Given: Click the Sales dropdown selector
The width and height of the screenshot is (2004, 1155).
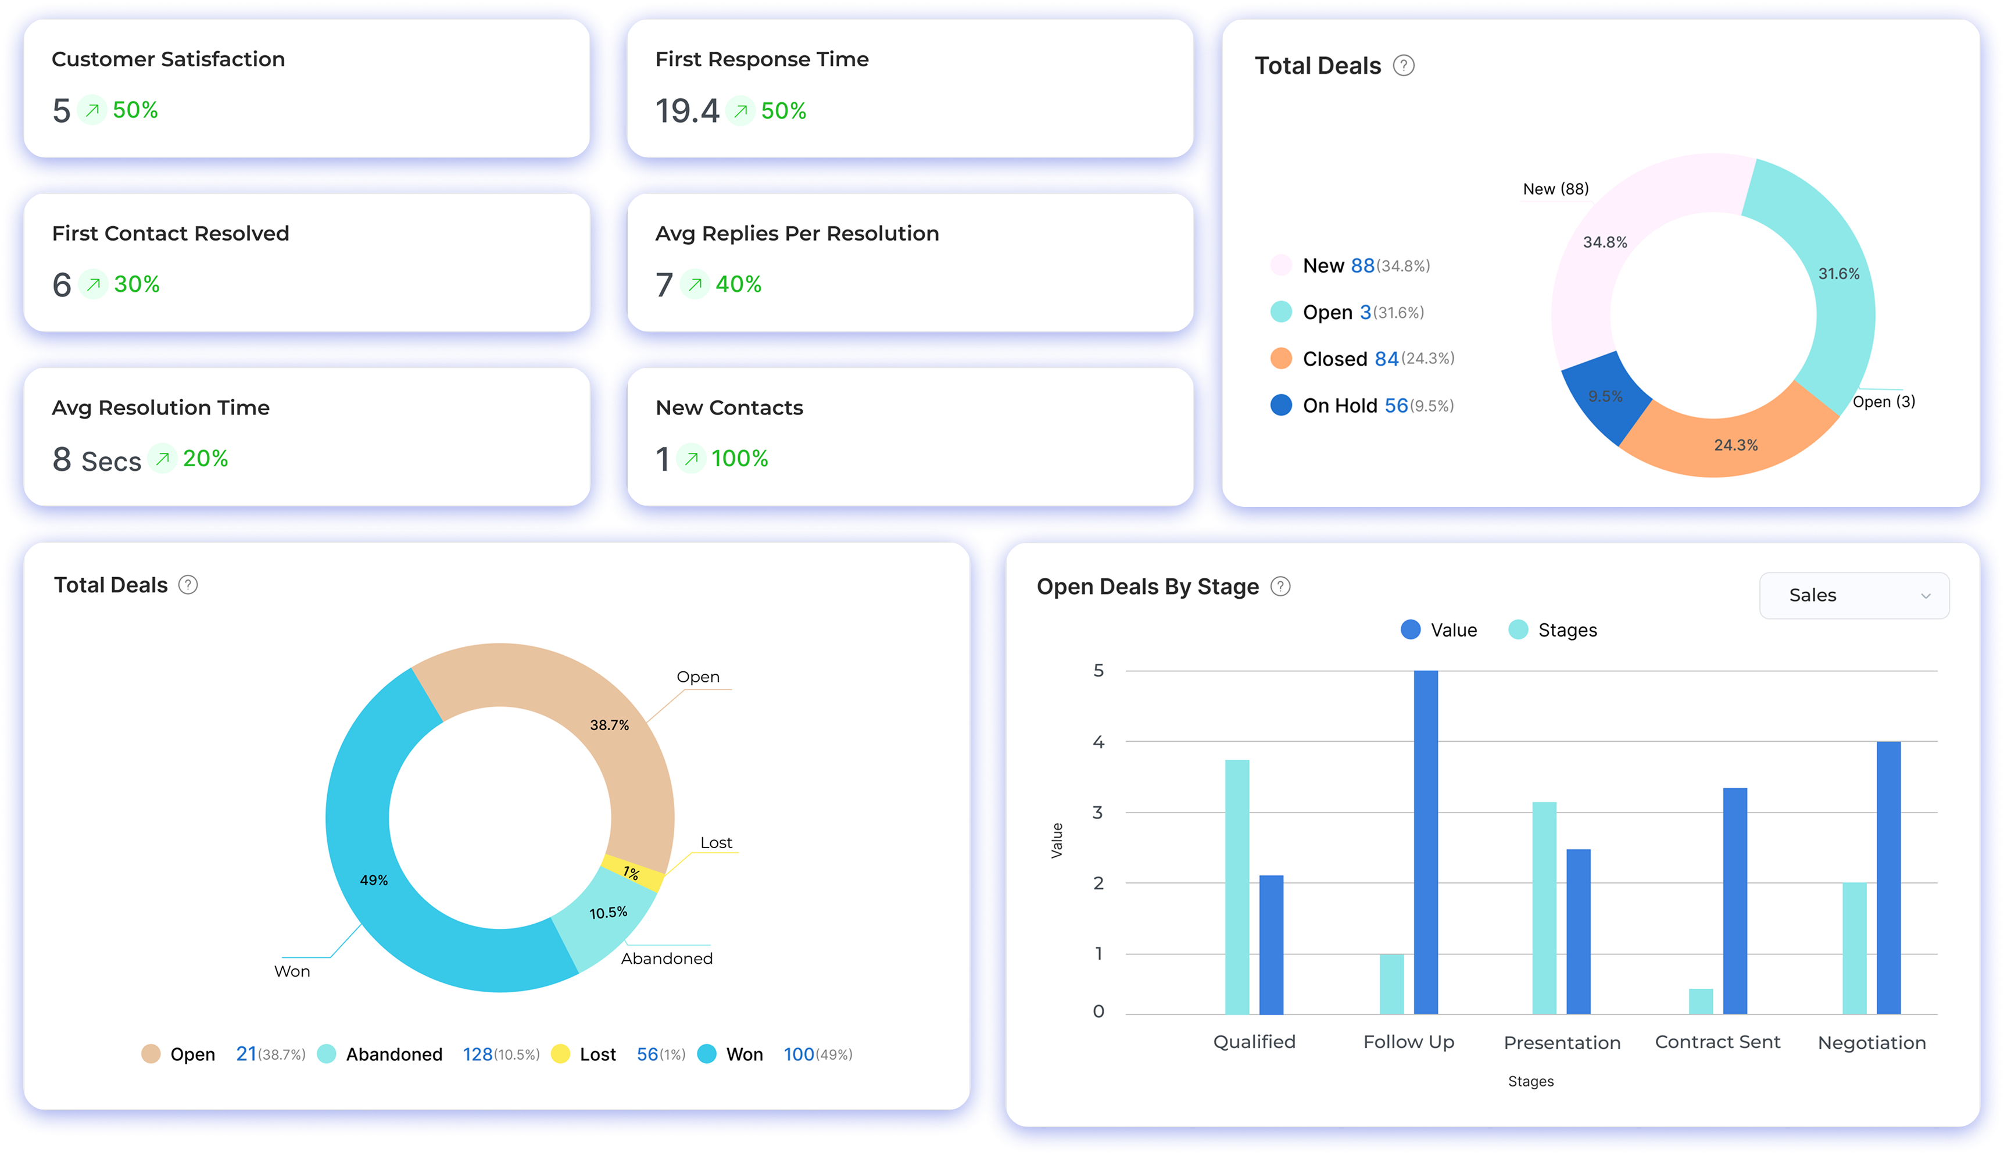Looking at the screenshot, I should click(x=1853, y=596).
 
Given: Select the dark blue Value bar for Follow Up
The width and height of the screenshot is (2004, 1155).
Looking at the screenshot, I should click(x=1425, y=841).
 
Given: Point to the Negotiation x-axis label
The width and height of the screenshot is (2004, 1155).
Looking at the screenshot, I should click(x=1871, y=1042).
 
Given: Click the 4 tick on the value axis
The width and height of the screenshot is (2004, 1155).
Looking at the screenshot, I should click(x=1098, y=742).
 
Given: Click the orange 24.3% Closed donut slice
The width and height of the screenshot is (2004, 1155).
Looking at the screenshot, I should click(x=1729, y=440).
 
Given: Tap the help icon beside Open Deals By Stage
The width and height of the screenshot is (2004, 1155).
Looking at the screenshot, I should click(x=1280, y=587).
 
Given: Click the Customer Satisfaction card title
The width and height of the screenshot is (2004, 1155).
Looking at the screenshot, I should click(x=168, y=59).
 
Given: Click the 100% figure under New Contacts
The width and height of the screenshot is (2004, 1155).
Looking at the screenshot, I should click(x=739, y=459).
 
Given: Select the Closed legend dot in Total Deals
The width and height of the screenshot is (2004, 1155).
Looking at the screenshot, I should click(x=1281, y=359).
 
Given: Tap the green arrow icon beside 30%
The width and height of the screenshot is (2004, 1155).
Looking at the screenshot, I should click(x=94, y=284).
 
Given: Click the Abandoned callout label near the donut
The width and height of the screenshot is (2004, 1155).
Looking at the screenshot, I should click(x=666, y=959).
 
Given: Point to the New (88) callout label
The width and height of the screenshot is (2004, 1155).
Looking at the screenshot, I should click(x=1555, y=189).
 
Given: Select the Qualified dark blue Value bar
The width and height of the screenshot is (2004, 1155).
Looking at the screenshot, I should click(x=1271, y=944).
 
